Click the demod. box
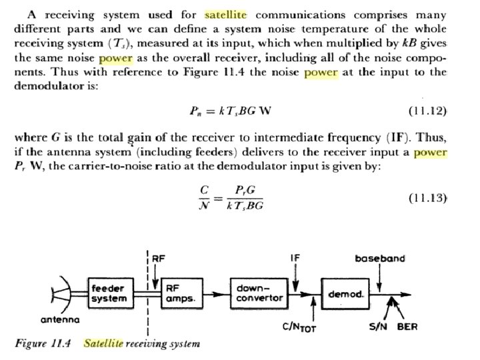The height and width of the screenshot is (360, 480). click(x=343, y=293)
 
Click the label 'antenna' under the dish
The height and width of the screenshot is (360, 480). click(x=60, y=319)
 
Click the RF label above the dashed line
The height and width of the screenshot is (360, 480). click(x=160, y=257)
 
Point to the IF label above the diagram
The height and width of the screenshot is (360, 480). click(x=295, y=257)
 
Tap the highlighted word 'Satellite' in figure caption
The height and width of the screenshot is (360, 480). click(x=103, y=343)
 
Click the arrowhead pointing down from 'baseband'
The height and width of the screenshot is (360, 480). click(x=379, y=287)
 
